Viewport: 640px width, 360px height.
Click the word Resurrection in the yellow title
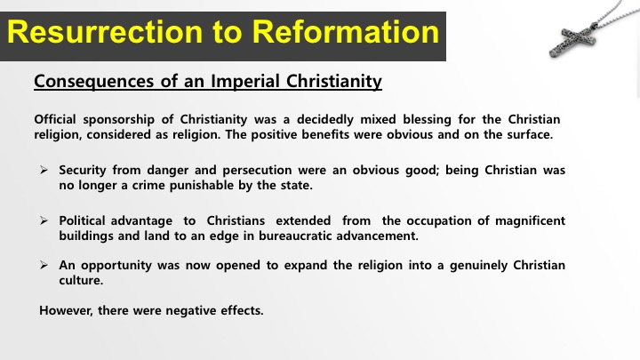pyautogui.click(x=105, y=32)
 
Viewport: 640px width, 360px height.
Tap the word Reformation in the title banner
pyautogui.click(x=345, y=32)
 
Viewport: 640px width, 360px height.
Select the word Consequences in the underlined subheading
pyautogui.click(x=94, y=82)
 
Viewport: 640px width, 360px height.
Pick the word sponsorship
pyautogui.click(x=119, y=120)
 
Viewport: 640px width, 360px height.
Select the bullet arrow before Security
pyautogui.click(x=44, y=170)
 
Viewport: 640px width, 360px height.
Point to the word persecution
pyautogui.click(x=257, y=170)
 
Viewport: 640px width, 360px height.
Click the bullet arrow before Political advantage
pyautogui.click(x=44, y=220)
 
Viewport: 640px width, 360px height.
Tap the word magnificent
pyautogui.click(x=530, y=220)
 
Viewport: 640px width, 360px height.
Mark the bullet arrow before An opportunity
pyautogui.click(x=44, y=265)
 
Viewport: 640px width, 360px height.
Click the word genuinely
pyautogui.click(x=478, y=266)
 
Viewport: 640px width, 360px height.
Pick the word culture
pyautogui.click(x=81, y=280)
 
